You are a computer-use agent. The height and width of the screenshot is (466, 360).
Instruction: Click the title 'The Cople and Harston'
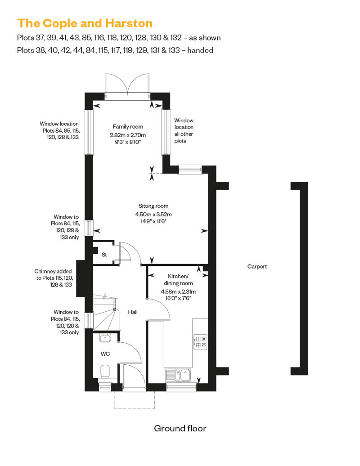coord(85,23)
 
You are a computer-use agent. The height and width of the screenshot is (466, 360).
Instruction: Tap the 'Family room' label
coord(128,126)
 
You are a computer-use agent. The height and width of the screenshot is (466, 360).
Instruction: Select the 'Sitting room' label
coord(153,206)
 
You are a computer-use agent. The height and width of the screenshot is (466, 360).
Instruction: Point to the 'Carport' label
coord(257,267)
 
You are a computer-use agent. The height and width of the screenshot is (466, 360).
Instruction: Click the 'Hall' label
coord(133,312)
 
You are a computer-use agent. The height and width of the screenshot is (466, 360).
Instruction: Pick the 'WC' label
coord(105,354)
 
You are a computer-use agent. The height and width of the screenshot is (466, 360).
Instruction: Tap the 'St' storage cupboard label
coord(104,255)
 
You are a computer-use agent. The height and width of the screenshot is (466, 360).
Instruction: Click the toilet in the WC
coord(105,372)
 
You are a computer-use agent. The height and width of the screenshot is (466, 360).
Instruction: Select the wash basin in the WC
coord(105,338)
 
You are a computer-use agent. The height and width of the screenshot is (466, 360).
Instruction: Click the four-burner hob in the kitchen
coord(200,342)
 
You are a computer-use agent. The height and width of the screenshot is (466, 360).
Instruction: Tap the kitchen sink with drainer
coord(178,375)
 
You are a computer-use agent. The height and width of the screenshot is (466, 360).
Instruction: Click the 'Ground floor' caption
coord(180,428)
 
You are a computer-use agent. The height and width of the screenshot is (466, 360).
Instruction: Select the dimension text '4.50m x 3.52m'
coord(153,214)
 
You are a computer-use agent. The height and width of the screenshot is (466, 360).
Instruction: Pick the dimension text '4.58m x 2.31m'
coord(178,291)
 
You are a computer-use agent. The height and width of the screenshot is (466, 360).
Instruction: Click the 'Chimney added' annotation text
coord(53,271)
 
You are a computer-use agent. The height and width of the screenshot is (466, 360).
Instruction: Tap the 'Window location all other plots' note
coord(184,131)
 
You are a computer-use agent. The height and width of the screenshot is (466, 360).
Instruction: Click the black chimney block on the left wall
coord(81,278)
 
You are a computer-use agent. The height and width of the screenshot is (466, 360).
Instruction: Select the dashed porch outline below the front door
coord(134,400)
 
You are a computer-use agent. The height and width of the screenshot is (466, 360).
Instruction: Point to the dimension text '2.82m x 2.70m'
coord(128,135)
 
